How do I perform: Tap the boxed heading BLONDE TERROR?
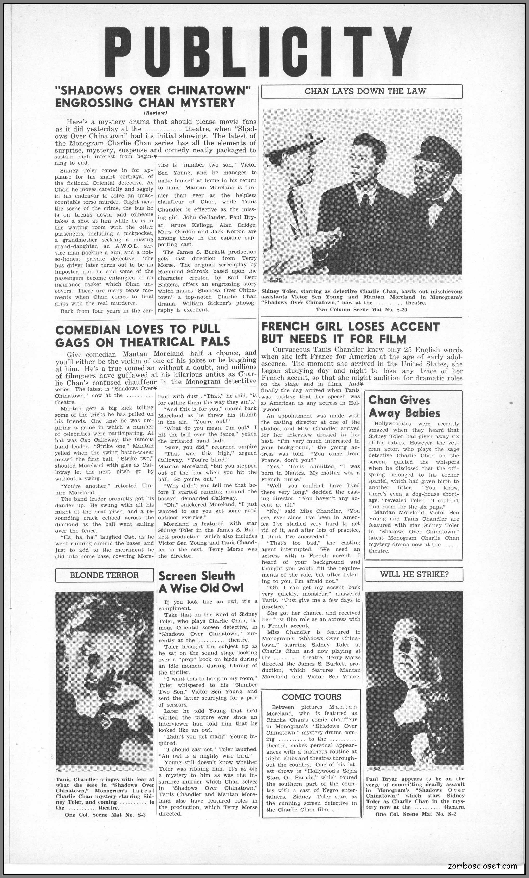[104, 575]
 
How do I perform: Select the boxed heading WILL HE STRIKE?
[414, 574]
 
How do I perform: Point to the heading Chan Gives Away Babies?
[404, 406]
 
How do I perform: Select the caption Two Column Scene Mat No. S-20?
[362, 309]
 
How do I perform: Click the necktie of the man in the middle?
[365, 205]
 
